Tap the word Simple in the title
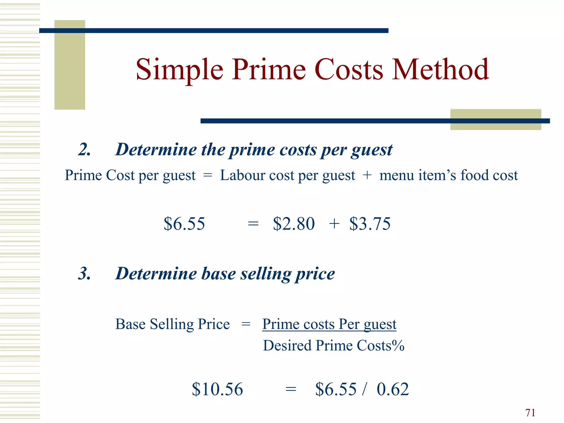(179, 70)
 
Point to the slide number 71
(530, 413)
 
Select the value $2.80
(294, 223)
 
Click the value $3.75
(370, 223)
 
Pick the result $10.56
(217, 389)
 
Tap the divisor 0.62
(393, 389)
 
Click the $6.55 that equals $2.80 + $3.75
(184, 223)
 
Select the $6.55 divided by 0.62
(336, 389)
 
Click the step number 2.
(84, 150)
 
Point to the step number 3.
(84, 273)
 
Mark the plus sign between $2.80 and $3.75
(334, 223)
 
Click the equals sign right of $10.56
(291, 389)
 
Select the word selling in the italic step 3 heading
(265, 273)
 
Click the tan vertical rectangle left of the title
(70, 65)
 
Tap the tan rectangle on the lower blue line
(495, 120)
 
